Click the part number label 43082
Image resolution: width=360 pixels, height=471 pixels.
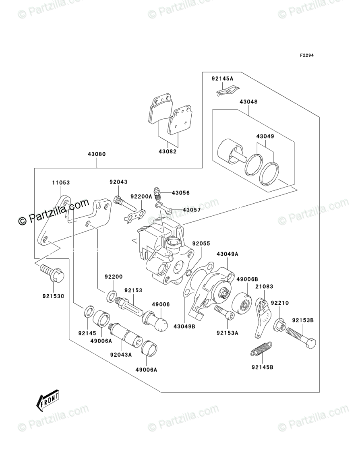(168, 151)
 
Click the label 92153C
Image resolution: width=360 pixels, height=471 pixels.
(53, 296)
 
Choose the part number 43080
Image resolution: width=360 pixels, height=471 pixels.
(97, 154)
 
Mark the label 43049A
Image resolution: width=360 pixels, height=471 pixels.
(227, 254)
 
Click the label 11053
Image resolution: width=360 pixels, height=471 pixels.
(61, 182)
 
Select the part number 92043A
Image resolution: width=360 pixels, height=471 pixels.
(121, 355)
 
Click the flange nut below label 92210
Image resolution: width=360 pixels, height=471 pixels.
(279, 325)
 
